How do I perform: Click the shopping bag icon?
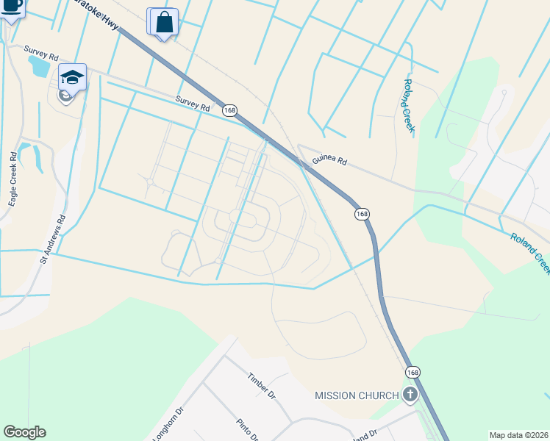(x=165, y=22)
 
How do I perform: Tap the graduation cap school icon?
(x=72, y=76)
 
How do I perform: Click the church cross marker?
(x=410, y=395)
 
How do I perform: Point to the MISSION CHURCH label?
(x=357, y=395)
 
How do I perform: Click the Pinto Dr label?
(x=247, y=429)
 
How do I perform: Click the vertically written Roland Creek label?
(x=409, y=106)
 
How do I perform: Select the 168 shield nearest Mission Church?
(x=413, y=373)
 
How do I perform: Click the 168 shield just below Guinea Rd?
(x=361, y=213)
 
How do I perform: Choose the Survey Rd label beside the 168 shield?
(x=192, y=102)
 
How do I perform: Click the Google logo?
(x=24, y=432)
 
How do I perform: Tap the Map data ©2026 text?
(x=519, y=435)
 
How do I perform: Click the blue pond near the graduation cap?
(x=38, y=67)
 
